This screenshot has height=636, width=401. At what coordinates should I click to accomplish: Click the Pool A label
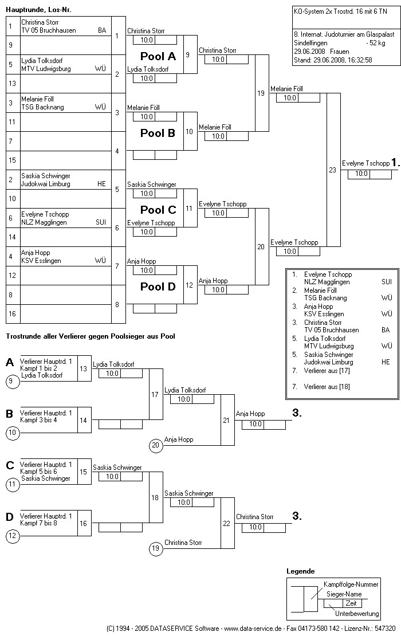pyautogui.click(x=158, y=56)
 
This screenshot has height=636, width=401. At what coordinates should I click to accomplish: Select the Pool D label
pyautogui.click(x=158, y=286)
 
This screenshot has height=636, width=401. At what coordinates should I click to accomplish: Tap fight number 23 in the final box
pyautogui.click(x=332, y=170)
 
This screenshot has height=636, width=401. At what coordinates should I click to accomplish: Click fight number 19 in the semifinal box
pyautogui.click(x=261, y=93)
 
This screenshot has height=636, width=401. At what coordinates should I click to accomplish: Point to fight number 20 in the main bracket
pyautogui.click(x=261, y=246)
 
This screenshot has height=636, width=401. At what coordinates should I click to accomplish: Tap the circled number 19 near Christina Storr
pyautogui.click(x=155, y=549)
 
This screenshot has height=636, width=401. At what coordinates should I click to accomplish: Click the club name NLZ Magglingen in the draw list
pyautogui.click(x=44, y=222)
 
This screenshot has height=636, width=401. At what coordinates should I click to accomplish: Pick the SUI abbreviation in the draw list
pyautogui.click(x=101, y=222)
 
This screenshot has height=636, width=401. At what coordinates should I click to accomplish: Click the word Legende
pyautogui.click(x=300, y=571)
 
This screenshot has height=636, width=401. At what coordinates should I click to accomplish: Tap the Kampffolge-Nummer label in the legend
pyautogui.click(x=351, y=584)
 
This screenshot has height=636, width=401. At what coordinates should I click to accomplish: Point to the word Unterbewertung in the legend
pyautogui.click(x=357, y=614)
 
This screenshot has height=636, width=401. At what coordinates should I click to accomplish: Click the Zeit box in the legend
pyautogui.click(x=351, y=603)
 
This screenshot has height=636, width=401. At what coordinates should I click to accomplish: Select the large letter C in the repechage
pyautogui.click(x=10, y=465)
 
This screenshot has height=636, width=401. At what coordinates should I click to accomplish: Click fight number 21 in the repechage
pyautogui.click(x=227, y=420)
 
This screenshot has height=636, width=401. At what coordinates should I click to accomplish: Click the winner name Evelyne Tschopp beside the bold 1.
pyautogui.click(x=365, y=163)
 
